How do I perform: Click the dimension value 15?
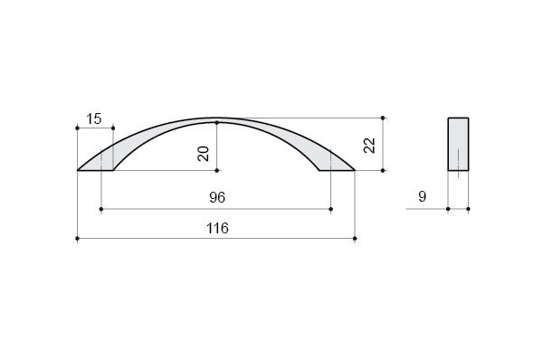click(x=94, y=118)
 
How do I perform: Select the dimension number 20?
click(x=204, y=154)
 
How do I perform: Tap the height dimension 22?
click(x=369, y=146)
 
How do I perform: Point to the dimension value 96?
click(x=217, y=197)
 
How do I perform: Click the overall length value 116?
click(x=217, y=229)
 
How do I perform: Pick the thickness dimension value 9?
click(x=422, y=196)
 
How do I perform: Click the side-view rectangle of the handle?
click(x=458, y=144)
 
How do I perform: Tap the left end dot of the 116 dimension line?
click(x=77, y=239)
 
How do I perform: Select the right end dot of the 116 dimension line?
click(x=355, y=239)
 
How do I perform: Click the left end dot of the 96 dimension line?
click(x=101, y=209)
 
